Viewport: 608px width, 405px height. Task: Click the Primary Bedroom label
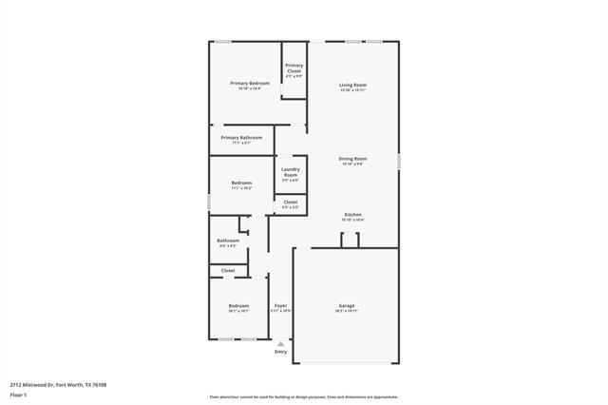click(250, 84)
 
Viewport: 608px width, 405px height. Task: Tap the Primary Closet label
click(294, 68)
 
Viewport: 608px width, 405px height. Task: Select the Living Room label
click(353, 86)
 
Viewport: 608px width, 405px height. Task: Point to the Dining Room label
click(353, 159)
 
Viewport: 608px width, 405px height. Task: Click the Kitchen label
click(352, 215)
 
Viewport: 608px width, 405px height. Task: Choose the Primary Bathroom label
click(241, 138)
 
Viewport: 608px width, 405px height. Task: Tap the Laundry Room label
click(290, 172)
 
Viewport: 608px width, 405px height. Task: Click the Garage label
click(346, 306)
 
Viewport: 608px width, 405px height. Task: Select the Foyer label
click(280, 306)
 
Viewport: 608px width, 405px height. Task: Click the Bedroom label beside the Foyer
click(237, 306)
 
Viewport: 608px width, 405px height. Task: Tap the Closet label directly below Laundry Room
click(290, 202)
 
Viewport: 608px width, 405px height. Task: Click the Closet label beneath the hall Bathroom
click(228, 271)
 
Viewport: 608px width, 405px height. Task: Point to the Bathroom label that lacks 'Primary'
click(228, 241)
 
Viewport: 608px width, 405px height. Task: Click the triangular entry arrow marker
click(280, 343)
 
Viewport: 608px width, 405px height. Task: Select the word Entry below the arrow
click(280, 352)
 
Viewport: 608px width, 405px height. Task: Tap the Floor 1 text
click(18, 394)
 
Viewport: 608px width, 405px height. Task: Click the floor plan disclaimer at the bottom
click(304, 397)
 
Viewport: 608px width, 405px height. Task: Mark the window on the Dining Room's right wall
click(399, 162)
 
